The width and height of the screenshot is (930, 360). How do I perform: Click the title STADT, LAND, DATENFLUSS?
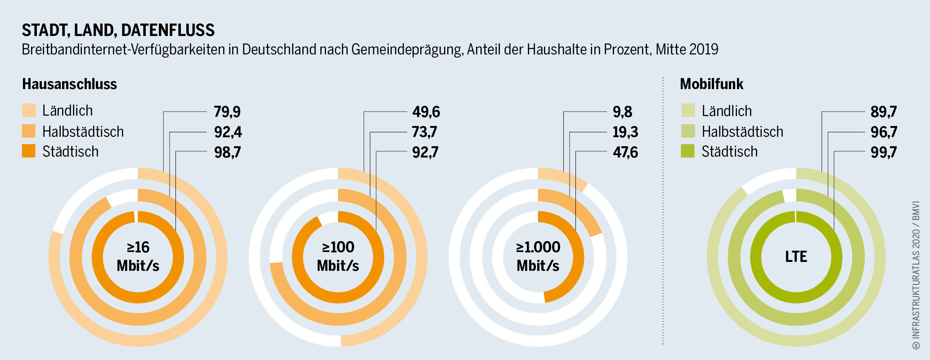tap(118, 30)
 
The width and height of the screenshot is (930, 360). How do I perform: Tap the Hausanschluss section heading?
tap(69, 84)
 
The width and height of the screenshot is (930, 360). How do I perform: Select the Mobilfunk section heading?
tap(711, 84)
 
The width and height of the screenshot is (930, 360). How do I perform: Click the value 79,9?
tap(227, 112)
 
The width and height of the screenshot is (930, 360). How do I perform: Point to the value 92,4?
tap(228, 132)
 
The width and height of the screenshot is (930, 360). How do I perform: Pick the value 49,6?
tap(426, 112)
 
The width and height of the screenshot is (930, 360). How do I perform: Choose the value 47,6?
tap(625, 152)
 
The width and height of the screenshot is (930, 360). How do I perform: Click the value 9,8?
tap(622, 112)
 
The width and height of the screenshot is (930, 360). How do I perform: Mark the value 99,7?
tap(884, 152)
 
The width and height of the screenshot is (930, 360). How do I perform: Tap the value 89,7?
tap(884, 112)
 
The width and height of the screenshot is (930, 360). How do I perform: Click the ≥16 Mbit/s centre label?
tap(138, 256)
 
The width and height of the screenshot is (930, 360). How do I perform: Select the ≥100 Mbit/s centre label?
tap(338, 256)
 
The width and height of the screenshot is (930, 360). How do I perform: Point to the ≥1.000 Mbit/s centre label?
tap(538, 256)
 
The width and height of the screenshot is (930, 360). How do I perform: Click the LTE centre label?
tap(796, 256)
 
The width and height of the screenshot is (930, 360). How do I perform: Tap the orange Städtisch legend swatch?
tap(29, 151)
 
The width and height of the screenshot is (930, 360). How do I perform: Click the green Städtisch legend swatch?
tap(688, 151)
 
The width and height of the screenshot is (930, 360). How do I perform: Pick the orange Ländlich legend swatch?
tap(29, 110)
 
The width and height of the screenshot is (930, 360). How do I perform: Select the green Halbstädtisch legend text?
tap(742, 131)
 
